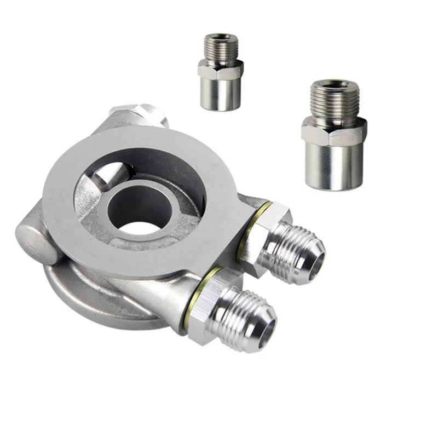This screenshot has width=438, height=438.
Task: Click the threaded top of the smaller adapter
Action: [x=221, y=46]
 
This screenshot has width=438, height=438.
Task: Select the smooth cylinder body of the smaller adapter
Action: [x=221, y=93]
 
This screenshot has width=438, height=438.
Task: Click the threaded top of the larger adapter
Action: [x=334, y=99]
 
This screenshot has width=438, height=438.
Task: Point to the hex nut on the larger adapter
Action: [x=334, y=131]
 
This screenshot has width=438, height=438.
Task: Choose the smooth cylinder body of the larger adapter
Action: [x=335, y=167]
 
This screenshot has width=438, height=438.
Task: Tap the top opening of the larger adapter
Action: [x=334, y=83]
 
